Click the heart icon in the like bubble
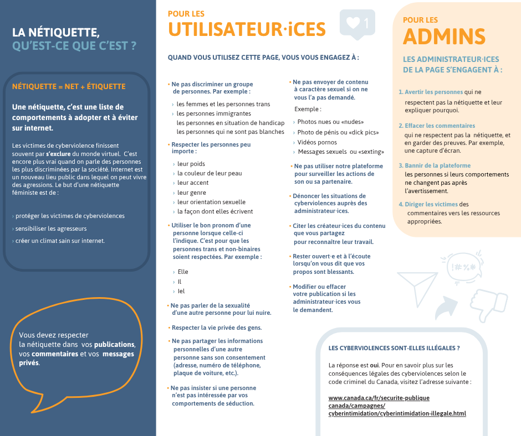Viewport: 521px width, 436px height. pyautogui.click(x=353, y=23)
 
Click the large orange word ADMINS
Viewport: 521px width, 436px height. pyautogui.click(x=444, y=37)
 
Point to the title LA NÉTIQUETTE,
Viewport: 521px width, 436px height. pyautogui.click(x=56, y=33)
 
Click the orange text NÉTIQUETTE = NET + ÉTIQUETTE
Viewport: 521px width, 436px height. pyautogui.click(x=69, y=87)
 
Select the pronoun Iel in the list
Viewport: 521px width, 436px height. pyautogui.click(x=181, y=291)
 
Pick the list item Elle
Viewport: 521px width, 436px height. pyautogui.click(x=183, y=272)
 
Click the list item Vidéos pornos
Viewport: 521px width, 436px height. pyautogui.click(x=317, y=142)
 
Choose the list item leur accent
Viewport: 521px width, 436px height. pyautogui.click(x=193, y=183)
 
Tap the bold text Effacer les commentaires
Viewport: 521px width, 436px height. pyautogui.click(x=440, y=126)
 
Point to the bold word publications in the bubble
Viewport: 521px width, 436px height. pyautogui.click(x=114, y=344)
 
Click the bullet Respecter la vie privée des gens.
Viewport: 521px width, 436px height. pyautogui.click(x=216, y=328)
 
